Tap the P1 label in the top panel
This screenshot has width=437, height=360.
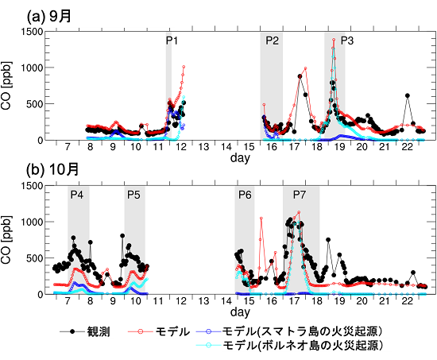click(x=172, y=41)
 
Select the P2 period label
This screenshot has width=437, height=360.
click(x=272, y=41)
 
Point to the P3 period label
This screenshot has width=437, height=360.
click(x=348, y=41)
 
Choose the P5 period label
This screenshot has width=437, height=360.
click(x=133, y=195)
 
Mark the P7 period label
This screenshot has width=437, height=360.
click(x=300, y=195)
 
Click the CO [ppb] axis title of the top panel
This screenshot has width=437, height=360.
click(x=9, y=85)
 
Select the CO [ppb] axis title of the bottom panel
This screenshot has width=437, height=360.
click(x=9, y=239)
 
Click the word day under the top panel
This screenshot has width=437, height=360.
click(x=238, y=159)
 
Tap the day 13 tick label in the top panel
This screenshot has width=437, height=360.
click(x=203, y=148)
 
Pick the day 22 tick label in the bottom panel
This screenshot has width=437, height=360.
click(x=407, y=302)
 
